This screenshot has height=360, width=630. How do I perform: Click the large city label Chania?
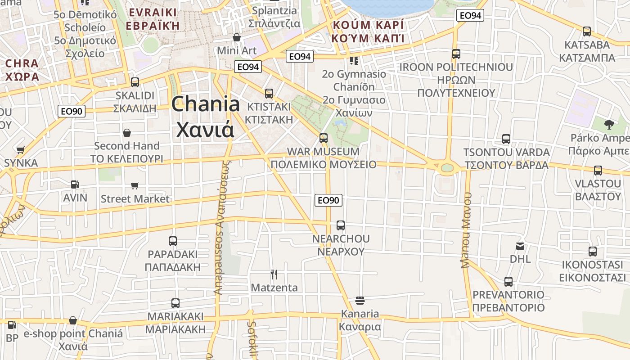pos(206,104)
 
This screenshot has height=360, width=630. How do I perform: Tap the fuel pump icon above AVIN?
pos(75,184)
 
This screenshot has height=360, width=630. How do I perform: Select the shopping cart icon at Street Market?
pos(135,185)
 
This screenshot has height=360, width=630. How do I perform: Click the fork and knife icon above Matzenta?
pos(274,274)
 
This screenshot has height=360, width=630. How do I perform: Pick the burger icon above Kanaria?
pos(360,300)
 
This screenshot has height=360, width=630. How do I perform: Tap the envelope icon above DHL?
pos(520,246)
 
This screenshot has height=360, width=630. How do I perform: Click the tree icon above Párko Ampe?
pos(609,124)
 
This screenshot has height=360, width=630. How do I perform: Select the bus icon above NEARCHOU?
pos(341,225)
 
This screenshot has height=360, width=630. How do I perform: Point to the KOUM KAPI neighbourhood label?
pos(368,31)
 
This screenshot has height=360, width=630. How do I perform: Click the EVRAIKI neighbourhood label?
pos(153,19)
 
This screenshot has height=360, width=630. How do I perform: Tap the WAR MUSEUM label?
pos(323,152)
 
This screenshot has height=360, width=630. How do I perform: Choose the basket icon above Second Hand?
pos(127,133)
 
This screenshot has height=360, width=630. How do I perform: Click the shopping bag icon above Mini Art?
pos(237,37)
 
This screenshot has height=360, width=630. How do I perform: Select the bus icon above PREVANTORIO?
pos(508,282)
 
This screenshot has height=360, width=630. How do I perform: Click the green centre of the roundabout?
pos(447,168)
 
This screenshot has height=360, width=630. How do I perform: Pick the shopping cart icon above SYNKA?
pos(20,150)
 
